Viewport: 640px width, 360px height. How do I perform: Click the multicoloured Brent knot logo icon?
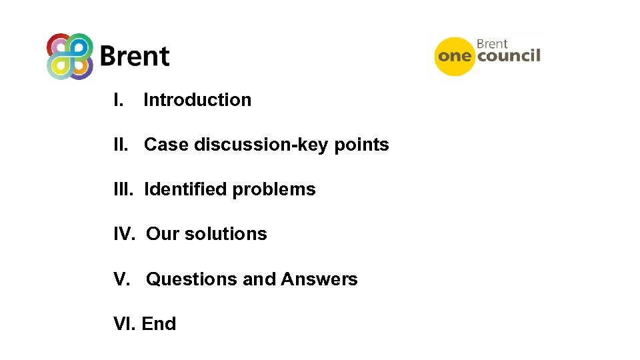[69, 56]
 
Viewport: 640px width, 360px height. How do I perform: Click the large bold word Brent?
[135, 57]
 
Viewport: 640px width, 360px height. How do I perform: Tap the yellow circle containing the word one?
[455, 56]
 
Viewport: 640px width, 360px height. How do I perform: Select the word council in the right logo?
[509, 55]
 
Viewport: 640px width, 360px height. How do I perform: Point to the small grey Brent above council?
[492, 44]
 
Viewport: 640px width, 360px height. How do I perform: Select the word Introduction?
[197, 100]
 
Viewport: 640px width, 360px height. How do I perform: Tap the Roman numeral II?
[121, 145]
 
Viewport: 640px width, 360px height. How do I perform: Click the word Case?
[166, 145]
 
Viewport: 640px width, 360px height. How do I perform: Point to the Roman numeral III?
[123, 189]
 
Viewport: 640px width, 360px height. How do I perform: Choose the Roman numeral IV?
[125, 234]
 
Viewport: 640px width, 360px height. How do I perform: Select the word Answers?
[319, 279]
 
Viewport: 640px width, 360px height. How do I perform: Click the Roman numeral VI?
[125, 324]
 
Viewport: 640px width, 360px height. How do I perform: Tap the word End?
[159, 324]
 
